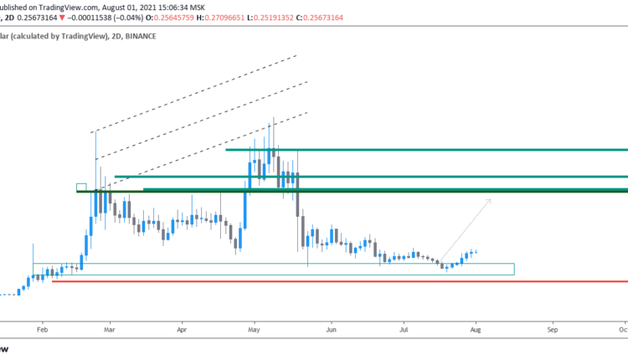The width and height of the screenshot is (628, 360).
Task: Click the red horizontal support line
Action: (335, 281)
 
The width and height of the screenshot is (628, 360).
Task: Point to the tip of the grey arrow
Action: (491, 201)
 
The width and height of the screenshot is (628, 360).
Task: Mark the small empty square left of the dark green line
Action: (81, 187)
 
